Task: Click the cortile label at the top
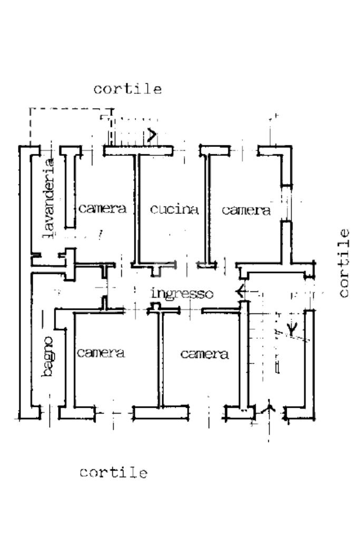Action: pyautogui.click(x=128, y=89)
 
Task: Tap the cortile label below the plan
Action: pyautogui.click(x=113, y=473)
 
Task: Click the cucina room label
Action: pyautogui.click(x=174, y=210)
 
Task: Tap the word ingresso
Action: pyautogui.click(x=182, y=293)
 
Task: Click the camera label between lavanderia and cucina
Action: pyautogui.click(x=103, y=209)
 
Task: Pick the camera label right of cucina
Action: pyautogui.click(x=246, y=211)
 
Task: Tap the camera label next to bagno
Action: pyautogui.click(x=101, y=353)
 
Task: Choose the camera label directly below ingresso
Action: pyautogui.click(x=205, y=354)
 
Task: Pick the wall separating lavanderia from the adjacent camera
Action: pyautogui.click(x=70, y=190)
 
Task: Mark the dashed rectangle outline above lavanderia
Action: pyautogui.click(x=69, y=109)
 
